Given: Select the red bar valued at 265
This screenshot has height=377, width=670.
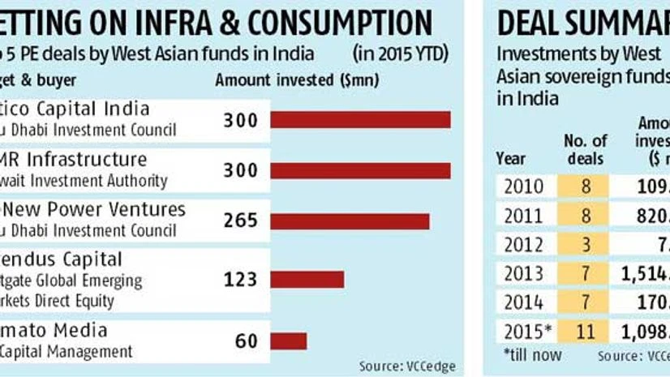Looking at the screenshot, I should coord(350,221).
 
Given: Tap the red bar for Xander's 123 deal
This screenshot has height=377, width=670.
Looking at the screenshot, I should coord(307,280).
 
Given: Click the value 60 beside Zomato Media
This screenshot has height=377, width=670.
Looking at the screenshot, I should coord(246,341).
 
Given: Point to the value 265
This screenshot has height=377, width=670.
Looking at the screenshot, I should coord(240,221).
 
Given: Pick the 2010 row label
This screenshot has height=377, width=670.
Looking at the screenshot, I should coord(524,186).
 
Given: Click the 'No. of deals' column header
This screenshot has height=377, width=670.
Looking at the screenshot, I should coord(584,149).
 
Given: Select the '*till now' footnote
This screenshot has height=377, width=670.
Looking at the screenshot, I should coord(532,355).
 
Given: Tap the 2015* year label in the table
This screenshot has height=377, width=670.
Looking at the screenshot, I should coord(526,333).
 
